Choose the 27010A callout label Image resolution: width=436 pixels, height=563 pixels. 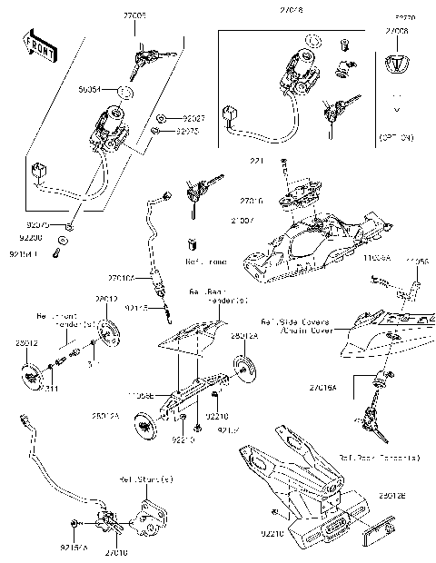122,278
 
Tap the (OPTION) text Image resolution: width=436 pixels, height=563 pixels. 397,136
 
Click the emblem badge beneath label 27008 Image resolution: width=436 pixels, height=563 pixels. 397,64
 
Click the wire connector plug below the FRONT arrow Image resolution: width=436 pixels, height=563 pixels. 38,170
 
